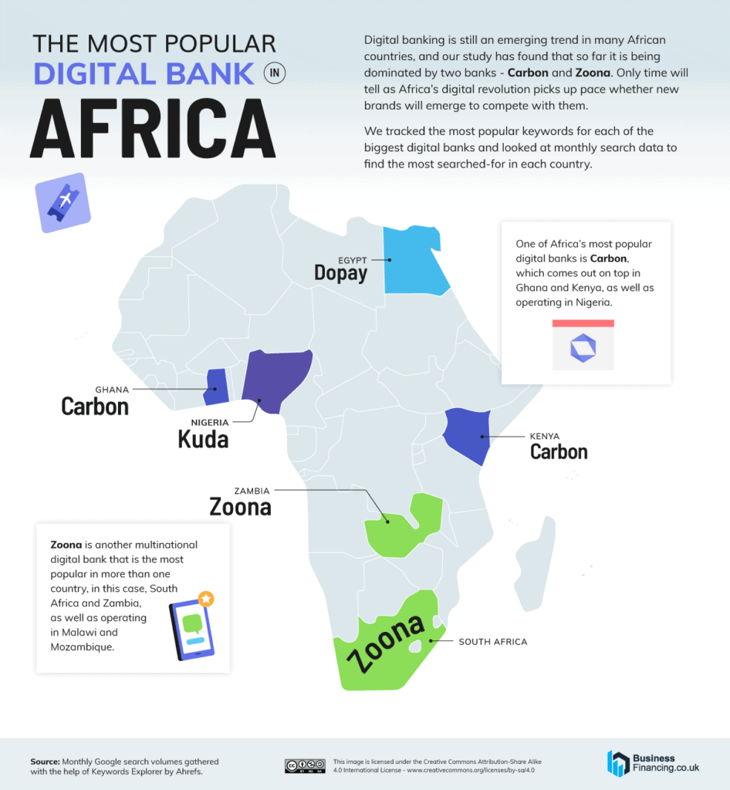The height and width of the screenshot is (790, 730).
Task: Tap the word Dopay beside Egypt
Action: click(340, 273)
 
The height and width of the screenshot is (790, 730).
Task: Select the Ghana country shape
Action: click(216, 387)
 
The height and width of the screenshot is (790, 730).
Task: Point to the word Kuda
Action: click(203, 439)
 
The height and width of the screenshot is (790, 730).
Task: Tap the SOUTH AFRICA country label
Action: click(493, 641)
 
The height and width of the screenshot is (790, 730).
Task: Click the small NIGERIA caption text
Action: click(209, 422)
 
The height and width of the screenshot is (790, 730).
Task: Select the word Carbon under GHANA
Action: click(95, 406)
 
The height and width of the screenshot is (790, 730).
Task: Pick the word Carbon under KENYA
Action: click(559, 451)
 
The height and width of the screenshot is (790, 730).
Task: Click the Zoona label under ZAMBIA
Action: click(240, 507)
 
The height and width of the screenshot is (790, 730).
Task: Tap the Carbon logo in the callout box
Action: click(583, 348)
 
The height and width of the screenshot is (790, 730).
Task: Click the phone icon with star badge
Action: click(191, 626)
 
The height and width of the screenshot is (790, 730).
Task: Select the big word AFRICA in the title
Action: click(152, 129)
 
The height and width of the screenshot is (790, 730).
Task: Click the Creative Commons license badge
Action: click(304, 765)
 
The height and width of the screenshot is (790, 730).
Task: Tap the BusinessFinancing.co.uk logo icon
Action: click(618, 763)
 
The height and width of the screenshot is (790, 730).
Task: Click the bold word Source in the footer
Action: click(45, 761)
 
